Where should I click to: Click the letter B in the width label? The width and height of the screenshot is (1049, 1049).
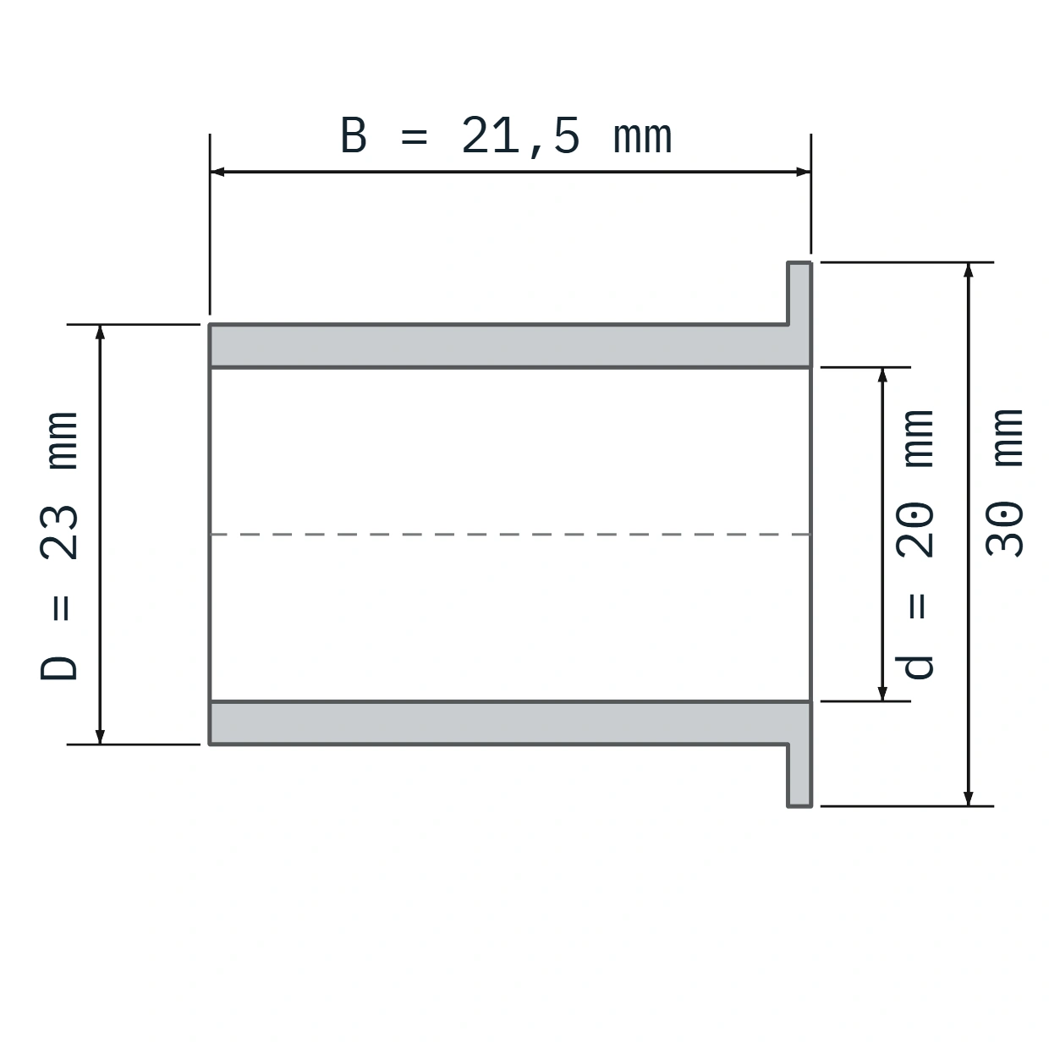(354, 135)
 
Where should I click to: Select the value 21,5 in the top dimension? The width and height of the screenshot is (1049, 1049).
(520, 137)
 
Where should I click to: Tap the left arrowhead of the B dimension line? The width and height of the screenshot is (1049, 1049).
(217, 172)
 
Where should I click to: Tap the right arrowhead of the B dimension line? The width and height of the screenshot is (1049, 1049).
(804, 172)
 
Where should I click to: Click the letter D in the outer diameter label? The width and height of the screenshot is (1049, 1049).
(59, 668)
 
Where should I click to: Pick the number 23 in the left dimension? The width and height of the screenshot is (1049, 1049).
(59, 532)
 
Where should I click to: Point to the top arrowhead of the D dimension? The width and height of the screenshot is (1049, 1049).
(100, 332)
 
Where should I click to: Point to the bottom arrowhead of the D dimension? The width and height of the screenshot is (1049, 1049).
(100, 737)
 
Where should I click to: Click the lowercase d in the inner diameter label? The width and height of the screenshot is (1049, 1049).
(914, 667)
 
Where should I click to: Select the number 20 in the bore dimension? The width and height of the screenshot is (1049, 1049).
(915, 530)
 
